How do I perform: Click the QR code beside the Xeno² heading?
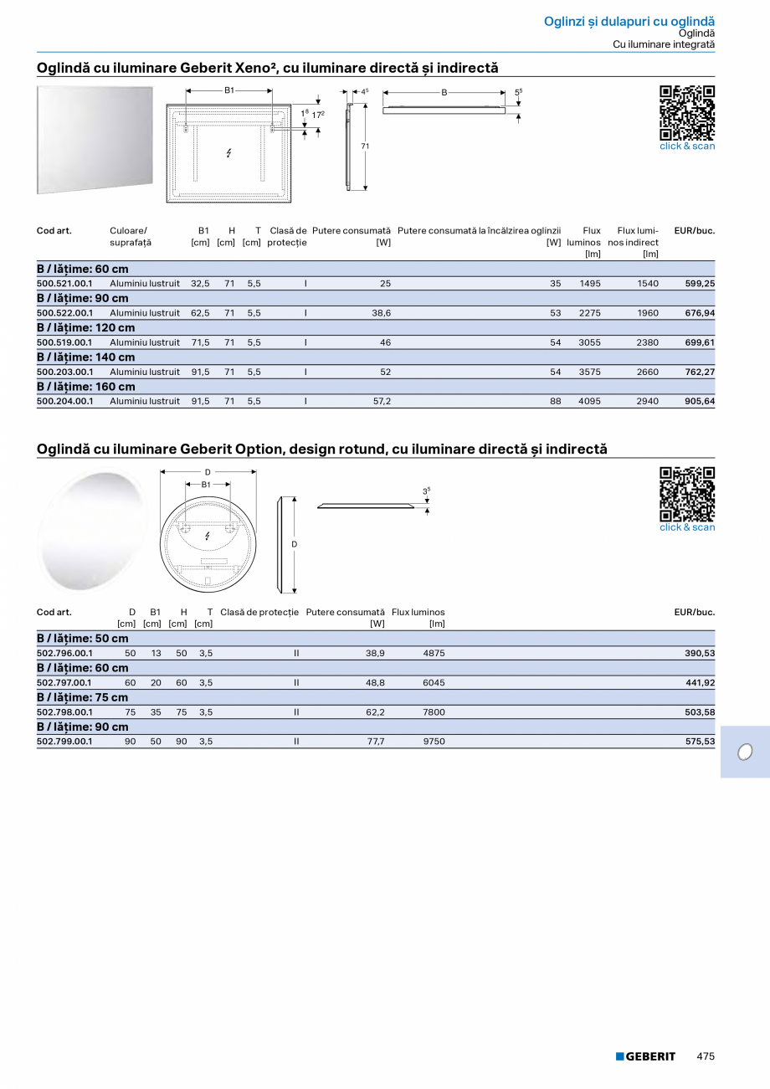(x=687, y=112)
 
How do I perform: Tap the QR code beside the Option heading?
(x=687, y=494)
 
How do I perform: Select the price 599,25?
(x=699, y=284)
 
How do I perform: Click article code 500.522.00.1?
(x=65, y=313)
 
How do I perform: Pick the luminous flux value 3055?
(x=590, y=342)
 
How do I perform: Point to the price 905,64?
(x=699, y=401)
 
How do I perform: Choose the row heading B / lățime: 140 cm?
(x=85, y=357)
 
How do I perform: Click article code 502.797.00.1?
(x=65, y=682)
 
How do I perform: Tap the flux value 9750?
(x=434, y=742)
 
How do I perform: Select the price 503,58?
(x=699, y=712)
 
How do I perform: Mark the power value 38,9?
(x=375, y=653)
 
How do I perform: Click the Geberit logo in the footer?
(x=645, y=1056)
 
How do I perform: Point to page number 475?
(x=706, y=1056)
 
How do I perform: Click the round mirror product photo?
(x=92, y=529)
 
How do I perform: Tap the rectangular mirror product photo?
(x=95, y=139)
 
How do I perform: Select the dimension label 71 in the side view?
(x=365, y=146)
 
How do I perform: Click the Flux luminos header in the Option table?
(x=418, y=613)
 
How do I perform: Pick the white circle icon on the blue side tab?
(x=744, y=752)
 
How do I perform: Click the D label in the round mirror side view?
(x=294, y=544)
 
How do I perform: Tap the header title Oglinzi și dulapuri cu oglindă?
(x=629, y=21)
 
